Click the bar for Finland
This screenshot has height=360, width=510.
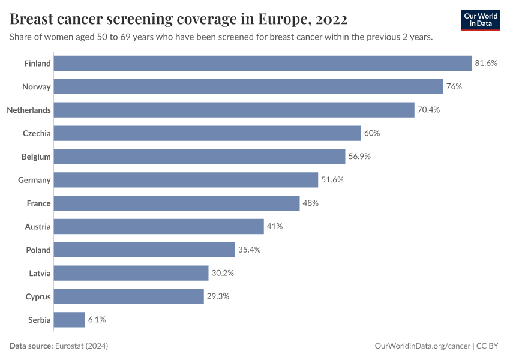(263, 63)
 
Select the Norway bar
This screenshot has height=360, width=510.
(248, 86)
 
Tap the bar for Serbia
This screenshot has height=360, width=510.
(70, 320)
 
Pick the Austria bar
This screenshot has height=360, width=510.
(159, 226)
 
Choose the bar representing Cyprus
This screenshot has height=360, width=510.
(129, 296)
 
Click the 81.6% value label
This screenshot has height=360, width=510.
(486, 63)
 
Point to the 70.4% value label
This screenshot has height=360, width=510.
(429, 110)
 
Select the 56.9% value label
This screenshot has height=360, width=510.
(359, 157)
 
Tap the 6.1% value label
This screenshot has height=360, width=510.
(97, 320)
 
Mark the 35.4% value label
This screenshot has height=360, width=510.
(249, 250)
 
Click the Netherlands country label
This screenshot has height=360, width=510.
(29, 110)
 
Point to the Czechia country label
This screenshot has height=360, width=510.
(37, 133)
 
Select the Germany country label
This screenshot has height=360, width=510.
(35, 180)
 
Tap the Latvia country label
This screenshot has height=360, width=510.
(40, 273)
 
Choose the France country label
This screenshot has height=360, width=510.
(39, 203)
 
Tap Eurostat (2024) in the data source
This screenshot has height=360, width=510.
(82, 346)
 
